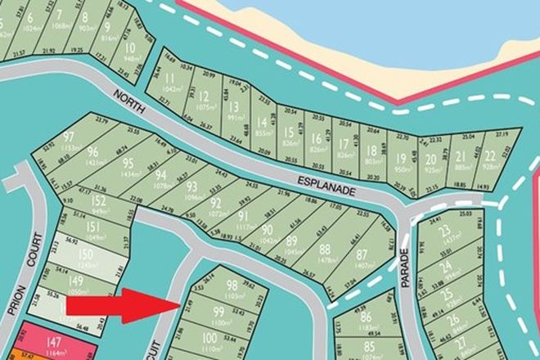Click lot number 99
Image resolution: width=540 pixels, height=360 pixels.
[x=218, y=312]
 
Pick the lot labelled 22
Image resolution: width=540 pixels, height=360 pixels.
[x=489, y=156]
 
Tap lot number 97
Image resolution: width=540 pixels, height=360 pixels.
[x=69, y=136]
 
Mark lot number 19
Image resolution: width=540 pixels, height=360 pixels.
[x=401, y=159]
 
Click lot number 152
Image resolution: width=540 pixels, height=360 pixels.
[x=98, y=201]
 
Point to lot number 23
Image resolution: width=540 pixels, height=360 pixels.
[x=446, y=232]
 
